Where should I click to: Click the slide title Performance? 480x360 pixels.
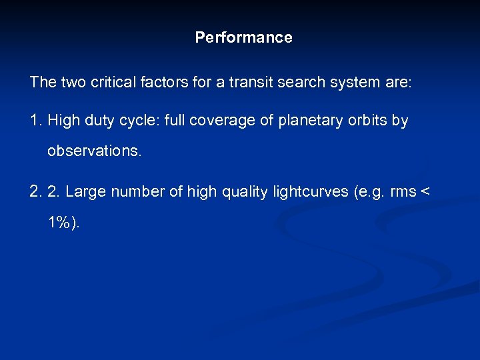(243, 37)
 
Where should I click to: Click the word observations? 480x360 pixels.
(94, 151)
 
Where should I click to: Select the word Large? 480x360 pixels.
(86, 192)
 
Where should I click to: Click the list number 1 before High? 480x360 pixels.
(35, 121)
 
